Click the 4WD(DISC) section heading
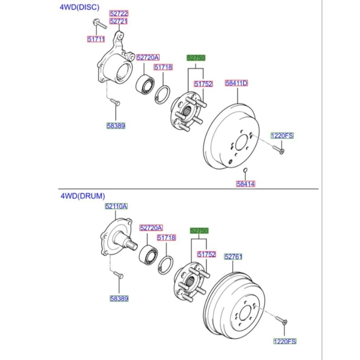pos(80,7)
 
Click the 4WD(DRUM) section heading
pos(83,196)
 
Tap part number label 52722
pos(119,13)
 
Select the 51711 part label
pos(96,39)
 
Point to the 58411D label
pos(236,83)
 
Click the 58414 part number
pos(245,184)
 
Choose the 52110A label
pos(116,207)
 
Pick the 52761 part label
pos(233,256)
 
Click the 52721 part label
pos(118,21)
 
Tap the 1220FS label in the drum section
pos(285,342)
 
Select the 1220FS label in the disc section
pos(282,136)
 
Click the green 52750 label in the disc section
pos(196,58)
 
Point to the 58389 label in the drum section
pos(119,298)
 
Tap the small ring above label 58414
pos(245,170)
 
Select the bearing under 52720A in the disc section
pos(145,84)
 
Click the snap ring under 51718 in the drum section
pos(166,265)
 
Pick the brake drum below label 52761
pos(234,306)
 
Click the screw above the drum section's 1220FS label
pos(281,320)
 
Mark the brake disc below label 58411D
pos(231,137)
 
